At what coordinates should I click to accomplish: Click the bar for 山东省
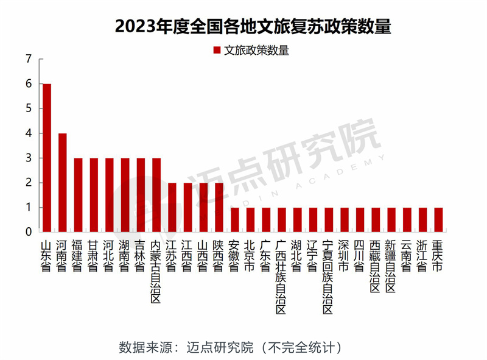[x=46, y=158]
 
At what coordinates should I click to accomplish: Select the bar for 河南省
[x=62, y=182]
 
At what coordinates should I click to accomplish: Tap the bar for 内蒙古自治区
[x=156, y=195]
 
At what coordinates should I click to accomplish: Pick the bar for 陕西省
[x=219, y=207]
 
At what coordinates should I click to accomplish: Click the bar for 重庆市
[x=438, y=219]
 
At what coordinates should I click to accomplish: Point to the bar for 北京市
[x=250, y=219]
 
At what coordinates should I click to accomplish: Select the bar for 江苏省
[x=172, y=207]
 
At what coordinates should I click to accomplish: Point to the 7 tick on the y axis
[x=28, y=60]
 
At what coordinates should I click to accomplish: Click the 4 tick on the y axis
[x=28, y=133]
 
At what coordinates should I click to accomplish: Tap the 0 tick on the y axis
[x=28, y=232]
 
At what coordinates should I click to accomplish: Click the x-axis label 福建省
[x=77, y=256]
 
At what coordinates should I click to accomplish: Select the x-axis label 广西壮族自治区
[x=281, y=278]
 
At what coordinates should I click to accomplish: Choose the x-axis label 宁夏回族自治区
[x=328, y=278]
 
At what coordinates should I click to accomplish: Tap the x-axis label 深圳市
[x=343, y=256]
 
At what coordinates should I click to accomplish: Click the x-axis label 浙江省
[x=422, y=256]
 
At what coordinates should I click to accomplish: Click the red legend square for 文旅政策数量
[x=217, y=51]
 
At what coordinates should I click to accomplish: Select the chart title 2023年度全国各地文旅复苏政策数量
[x=243, y=27]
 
